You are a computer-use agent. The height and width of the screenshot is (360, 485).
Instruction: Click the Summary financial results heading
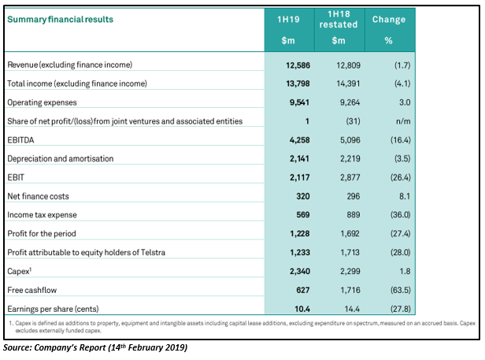click(61, 19)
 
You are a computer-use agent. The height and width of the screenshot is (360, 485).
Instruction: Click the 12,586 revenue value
click(298, 65)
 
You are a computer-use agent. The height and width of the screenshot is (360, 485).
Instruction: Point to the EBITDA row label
click(20, 140)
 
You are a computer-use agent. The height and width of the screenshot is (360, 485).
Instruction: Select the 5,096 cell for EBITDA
click(350, 140)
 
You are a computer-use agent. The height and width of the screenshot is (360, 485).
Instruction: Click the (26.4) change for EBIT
click(401, 177)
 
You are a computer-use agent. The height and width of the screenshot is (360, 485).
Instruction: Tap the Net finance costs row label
click(38, 196)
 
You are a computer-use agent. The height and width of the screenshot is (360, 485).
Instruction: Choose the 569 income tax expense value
click(303, 215)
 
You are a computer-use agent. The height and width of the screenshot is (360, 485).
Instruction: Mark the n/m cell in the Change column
click(403, 121)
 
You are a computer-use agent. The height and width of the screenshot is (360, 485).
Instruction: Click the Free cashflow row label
click(32, 290)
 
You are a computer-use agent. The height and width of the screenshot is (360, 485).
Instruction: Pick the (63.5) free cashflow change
click(401, 290)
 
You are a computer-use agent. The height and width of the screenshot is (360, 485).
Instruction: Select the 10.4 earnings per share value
click(302, 309)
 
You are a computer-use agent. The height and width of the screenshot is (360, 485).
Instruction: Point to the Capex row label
click(20, 271)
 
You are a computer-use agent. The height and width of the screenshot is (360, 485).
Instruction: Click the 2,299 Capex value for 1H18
click(350, 271)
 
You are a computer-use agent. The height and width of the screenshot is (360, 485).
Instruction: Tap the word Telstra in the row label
click(153, 252)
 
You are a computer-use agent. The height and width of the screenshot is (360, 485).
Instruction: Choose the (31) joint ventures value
click(353, 121)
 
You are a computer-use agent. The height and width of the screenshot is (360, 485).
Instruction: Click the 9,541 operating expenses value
click(299, 102)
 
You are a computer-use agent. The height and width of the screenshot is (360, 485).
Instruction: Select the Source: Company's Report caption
click(95, 347)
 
